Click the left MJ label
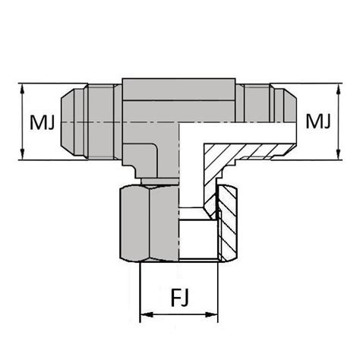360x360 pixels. (x=43, y=122)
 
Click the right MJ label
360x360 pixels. (x=317, y=122)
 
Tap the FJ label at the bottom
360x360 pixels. (x=181, y=295)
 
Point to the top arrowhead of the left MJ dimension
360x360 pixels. (x=24, y=87)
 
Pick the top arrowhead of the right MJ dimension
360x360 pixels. (x=336, y=87)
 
